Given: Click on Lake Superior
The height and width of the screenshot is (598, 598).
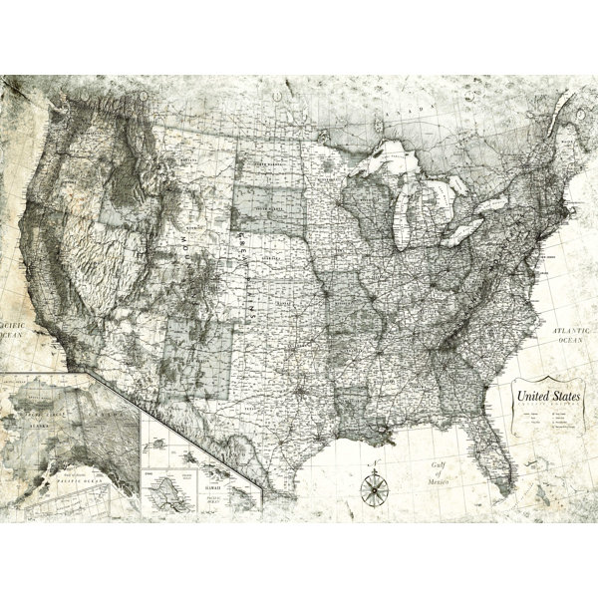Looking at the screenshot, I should coord(395,158).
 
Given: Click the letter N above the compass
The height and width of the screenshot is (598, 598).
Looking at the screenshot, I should coord(376,469).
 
